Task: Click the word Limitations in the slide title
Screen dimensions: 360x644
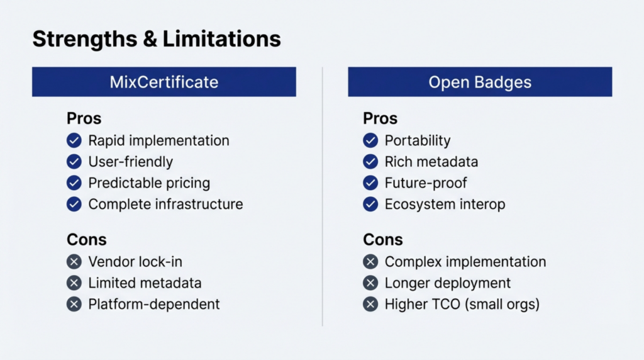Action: coord(221,39)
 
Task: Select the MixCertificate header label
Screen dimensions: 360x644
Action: coord(164,82)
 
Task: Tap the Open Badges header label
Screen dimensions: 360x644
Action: coord(480,82)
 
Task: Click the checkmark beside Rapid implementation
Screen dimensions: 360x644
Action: coord(74,140)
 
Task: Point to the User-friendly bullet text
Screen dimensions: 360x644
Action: coord(130,162)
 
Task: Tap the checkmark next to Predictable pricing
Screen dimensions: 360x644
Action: coord(74,183)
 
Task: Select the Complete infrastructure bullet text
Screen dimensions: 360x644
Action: coord(165,205)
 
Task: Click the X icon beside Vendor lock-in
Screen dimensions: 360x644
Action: coord(74,262)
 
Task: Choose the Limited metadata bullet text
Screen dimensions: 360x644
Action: coord(145,283)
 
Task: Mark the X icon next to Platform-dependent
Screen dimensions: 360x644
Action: coord(74,305)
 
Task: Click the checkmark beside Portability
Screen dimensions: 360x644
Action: coord(370,140)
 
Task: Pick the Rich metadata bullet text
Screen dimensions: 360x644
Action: coord(431,162)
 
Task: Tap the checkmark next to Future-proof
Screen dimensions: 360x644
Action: coord(370,183)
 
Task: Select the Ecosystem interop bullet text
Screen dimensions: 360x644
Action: coord(445,205)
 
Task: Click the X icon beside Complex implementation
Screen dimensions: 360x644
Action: coord(370,262)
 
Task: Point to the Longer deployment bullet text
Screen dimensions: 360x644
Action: coord(448,283)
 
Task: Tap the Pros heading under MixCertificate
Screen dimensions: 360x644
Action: coord(84,119)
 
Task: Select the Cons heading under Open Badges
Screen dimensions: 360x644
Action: coord(383,240)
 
